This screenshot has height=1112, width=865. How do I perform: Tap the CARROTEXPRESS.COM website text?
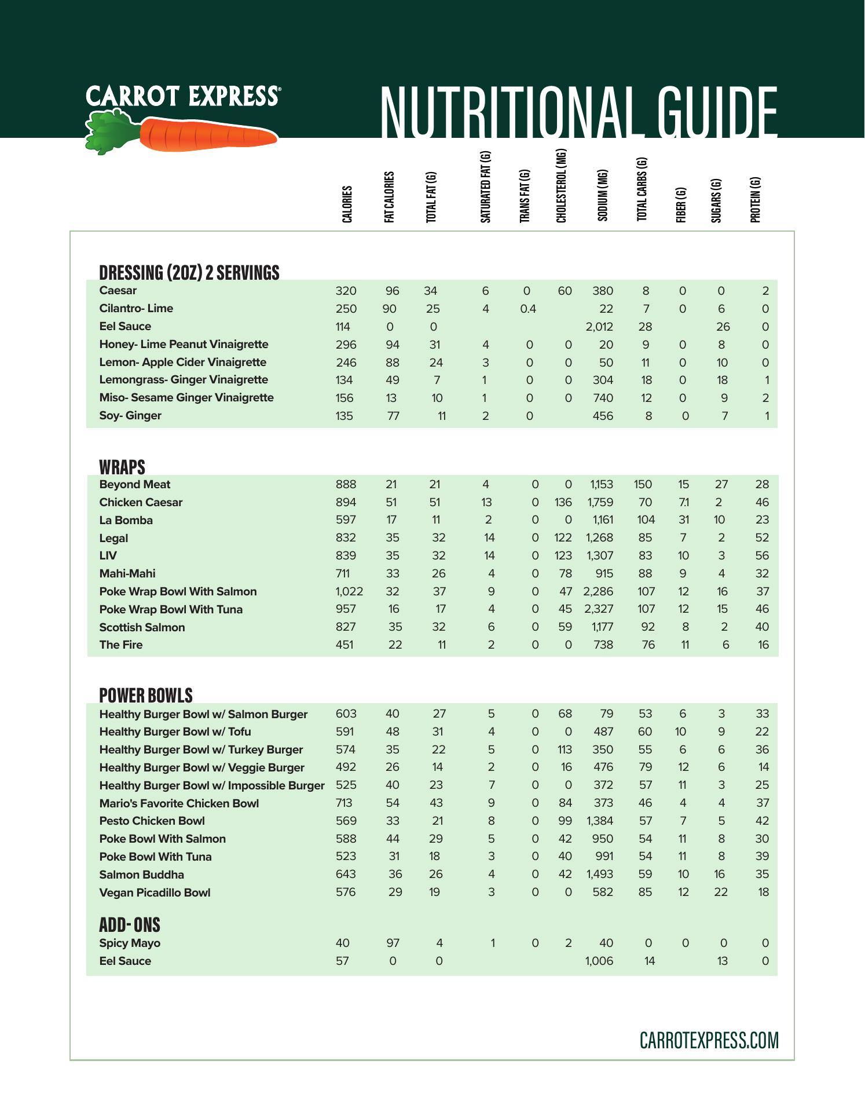point(709,1040)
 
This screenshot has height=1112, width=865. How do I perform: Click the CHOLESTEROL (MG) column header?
point(561,186)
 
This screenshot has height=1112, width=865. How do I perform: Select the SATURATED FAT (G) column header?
point(486,187)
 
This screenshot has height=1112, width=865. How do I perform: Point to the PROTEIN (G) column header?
point(755,199)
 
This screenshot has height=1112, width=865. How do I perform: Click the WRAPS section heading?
point(122,467)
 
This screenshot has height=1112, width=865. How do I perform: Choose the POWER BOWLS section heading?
point(146,695)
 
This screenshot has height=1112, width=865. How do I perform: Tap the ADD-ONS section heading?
point(130,925)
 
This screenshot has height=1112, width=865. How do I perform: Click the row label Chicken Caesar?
point(141,502)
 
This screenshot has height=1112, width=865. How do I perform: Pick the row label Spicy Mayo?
point(130,943)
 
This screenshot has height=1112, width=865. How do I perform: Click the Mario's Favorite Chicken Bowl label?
point(179,803)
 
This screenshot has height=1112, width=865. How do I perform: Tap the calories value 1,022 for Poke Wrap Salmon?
point(349,591)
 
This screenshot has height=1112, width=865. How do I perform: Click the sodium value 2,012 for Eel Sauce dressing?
point(599,327)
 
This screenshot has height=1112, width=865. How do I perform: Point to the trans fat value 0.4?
point(528,309)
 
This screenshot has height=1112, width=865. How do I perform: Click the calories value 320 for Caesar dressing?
point(346,291)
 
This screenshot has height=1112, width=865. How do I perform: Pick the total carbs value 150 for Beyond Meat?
point(643,484)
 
